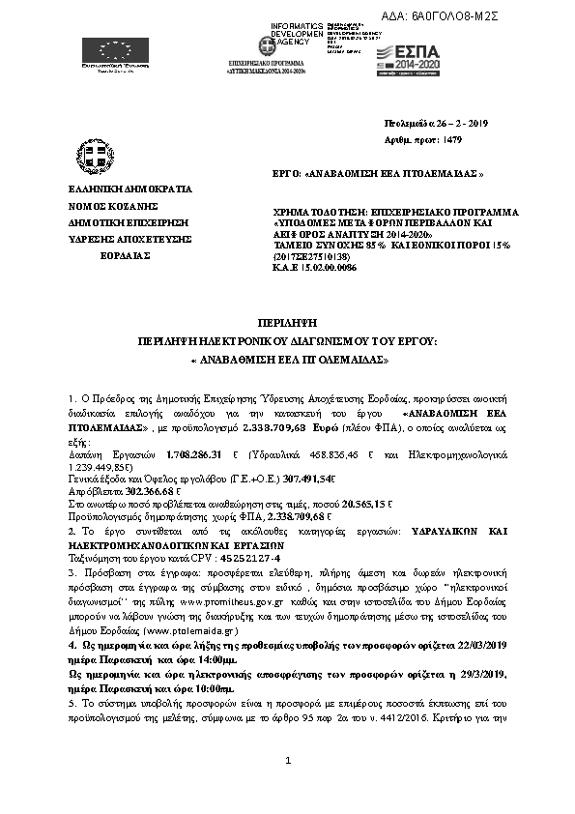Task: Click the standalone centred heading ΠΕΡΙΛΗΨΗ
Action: click(288, 318)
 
